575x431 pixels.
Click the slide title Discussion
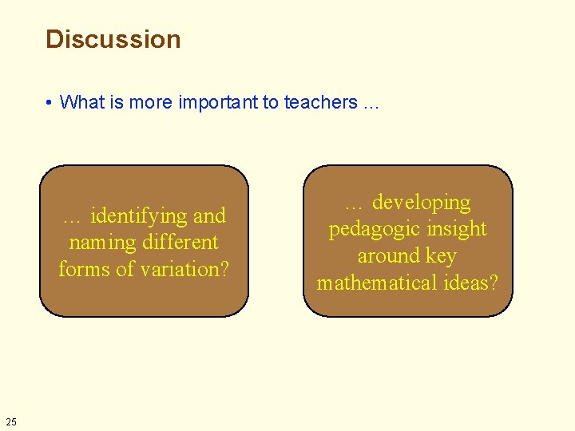coord(113,39)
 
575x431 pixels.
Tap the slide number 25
coord(10,421)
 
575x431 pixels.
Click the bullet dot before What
coord(50,103)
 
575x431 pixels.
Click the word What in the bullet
coord(77,102)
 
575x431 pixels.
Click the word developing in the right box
coord(422,202)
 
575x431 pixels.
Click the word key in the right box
coord(442,255)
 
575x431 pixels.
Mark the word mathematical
coord(377,283)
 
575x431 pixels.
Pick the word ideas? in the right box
coord(470,283)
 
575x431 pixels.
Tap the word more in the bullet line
coord(155,102)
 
